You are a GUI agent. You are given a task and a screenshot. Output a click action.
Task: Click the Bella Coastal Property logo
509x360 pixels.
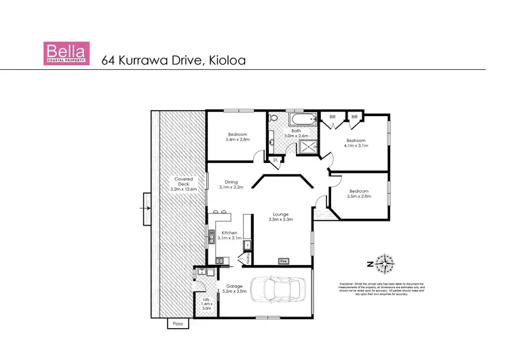pos(67,53)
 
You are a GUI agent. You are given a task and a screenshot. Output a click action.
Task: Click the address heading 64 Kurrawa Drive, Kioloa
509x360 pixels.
pos(173,59)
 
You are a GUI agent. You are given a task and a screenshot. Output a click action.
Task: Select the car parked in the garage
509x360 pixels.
pos(278,293)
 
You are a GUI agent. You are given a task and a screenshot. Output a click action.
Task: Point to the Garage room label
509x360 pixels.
pos(235,287)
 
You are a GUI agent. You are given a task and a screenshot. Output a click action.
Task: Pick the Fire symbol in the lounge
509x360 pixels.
pos(284,260)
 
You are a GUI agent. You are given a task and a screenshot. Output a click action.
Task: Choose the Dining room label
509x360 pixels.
pos(231,182)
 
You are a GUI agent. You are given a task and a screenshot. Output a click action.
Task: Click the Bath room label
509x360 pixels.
pos(296,131)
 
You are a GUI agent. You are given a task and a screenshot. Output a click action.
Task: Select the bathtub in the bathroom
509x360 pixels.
pos(303,120)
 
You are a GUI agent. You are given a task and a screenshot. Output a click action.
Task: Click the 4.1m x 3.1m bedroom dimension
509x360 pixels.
pos(356,145)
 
